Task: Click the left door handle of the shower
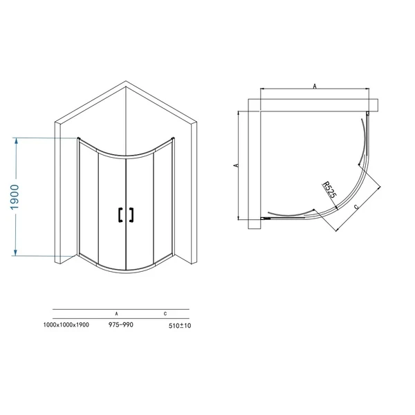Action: (120, 215)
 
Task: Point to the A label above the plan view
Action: (315, 86)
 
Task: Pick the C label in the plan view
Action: (356, 206)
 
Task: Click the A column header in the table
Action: (116, 313)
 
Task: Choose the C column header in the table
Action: (166, 313)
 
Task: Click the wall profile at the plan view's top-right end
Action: (370, 114)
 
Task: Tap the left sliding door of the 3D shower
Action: (111, 211)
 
